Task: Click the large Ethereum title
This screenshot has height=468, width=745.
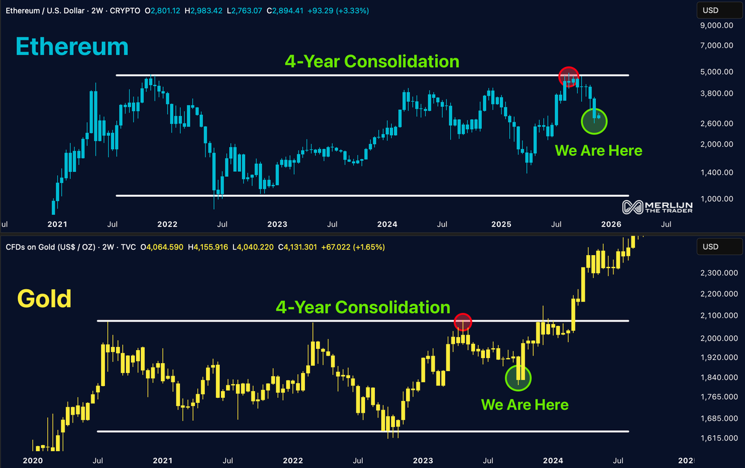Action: point(71,48)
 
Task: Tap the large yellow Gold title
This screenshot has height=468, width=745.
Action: point(44,299)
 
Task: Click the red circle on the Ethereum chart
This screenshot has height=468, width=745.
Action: point(568,77)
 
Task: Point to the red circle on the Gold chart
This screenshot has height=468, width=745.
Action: point(463,322)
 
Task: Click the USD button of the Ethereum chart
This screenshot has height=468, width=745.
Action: point(710,9)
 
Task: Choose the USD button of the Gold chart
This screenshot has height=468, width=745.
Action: point(710,247)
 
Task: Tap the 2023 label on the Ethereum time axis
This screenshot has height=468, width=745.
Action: point(278,224)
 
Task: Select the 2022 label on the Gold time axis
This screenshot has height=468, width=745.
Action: point(293,461)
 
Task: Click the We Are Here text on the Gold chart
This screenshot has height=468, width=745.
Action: point(525,405)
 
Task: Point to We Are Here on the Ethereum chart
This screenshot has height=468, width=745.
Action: point(598,150)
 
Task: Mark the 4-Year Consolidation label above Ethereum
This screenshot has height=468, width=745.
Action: point(372,61)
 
